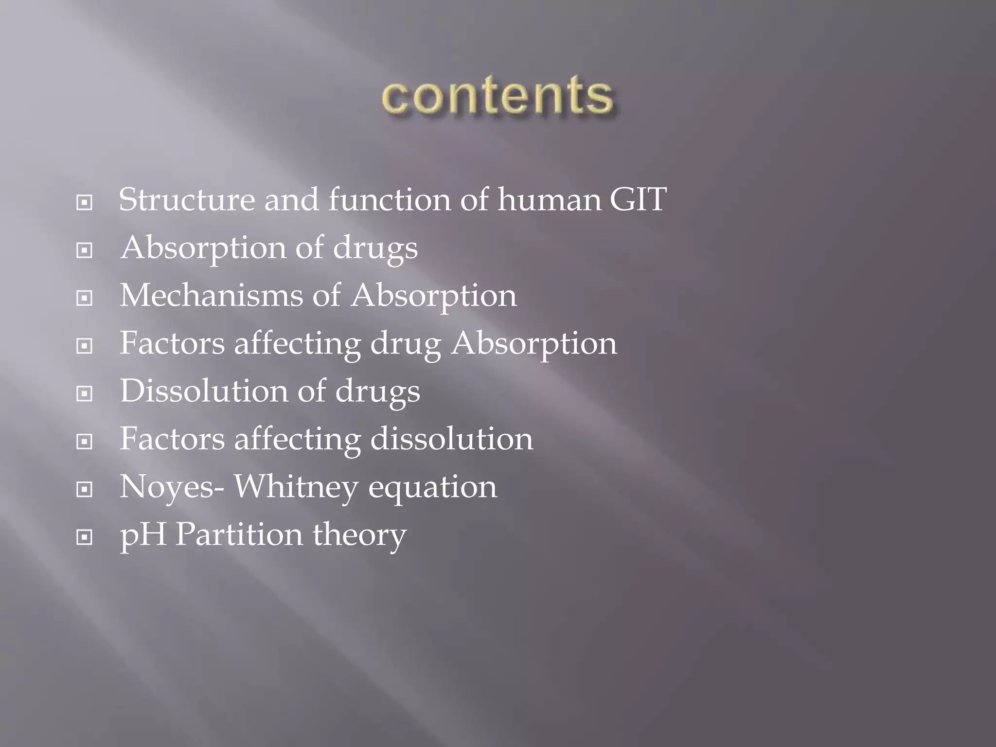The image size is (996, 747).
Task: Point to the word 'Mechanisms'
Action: (x=211, y=295)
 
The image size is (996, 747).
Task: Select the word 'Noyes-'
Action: (x=172, y=487)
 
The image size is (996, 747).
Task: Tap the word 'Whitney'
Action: (x=296, y=487)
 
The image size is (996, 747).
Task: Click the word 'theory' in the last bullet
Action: (x=359, y=535)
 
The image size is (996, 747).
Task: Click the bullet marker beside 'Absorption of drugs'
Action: (x=85, y=250)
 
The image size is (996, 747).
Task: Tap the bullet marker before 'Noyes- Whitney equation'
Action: (x=85, y=490)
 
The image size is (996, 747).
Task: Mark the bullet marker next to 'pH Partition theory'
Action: (x=85, y=537)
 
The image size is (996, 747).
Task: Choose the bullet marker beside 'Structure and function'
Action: (x=85, y=203)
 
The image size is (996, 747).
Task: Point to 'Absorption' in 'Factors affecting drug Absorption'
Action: (x=534, y=344)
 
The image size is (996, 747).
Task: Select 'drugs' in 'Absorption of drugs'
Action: (x=375, y=249)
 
